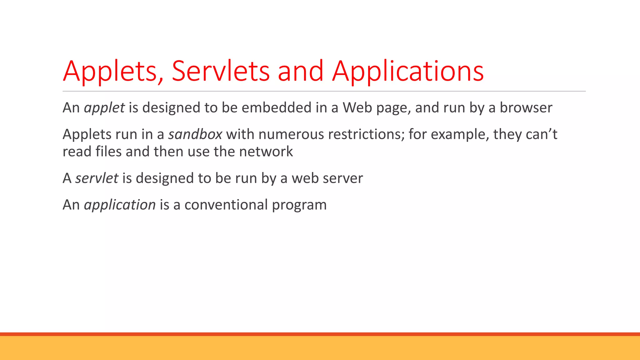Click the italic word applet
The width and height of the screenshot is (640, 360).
pos(104,108)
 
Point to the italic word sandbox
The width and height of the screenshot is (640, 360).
pos(195,134)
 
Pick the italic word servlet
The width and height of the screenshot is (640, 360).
pos(97,178)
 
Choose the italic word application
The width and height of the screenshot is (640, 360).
pos(120,205)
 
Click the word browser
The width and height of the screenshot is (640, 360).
pos(526,108)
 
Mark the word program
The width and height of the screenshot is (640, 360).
pos(299,205)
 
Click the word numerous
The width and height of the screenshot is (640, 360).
pos(291,134)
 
